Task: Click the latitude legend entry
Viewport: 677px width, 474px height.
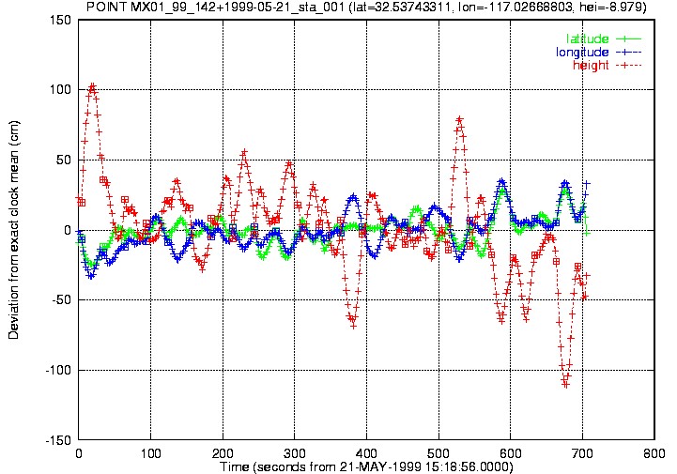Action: pyautogui.click(x=604, y=38)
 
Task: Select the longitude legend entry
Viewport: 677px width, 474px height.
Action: pyautogui.click(x=598, y=53)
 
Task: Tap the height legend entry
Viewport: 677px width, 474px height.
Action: pyautogui.click(x=608, y=65)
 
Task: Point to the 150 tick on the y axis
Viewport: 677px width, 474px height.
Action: pyautogui.click(x=61, y=20)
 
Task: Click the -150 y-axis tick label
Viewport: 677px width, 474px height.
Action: pyautogui.click(x=58, y=440)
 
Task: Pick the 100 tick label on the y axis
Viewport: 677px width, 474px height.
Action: pyautogui.click(x=61, y=90)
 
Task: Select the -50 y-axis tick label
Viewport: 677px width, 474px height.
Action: pyautogui.click(x=61, y=300)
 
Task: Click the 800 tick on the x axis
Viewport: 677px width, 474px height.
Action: pyautogui.click(x=654, y=453)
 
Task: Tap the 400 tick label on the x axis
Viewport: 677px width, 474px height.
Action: pyautogui.click(x=366, y=453)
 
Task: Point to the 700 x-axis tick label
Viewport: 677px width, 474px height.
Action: pyautogui.click(x=582, y=453)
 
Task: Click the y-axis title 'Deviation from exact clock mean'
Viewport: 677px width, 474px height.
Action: pyautogui.click(x=13, y=230)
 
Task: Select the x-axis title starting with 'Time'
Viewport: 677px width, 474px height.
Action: pyautogui.click(x=366, y=467)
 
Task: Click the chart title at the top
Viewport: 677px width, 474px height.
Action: pyautogui.click(x=366, y=7)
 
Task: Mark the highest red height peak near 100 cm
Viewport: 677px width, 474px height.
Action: pyautogui.click(x=92, y=86)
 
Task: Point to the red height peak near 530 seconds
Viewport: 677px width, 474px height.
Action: pyautogui.click(x=459, y=118)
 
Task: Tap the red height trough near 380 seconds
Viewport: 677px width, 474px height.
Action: pyautogui.click(x=354, y=326)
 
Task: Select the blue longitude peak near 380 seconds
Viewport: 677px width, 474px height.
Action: pyautogui.click(x=354, y=197)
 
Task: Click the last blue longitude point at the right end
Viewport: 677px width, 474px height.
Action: pyautogui.click(x=586, y=183)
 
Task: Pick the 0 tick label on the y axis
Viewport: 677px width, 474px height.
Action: pyautogui.click(x=68, y=230)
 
